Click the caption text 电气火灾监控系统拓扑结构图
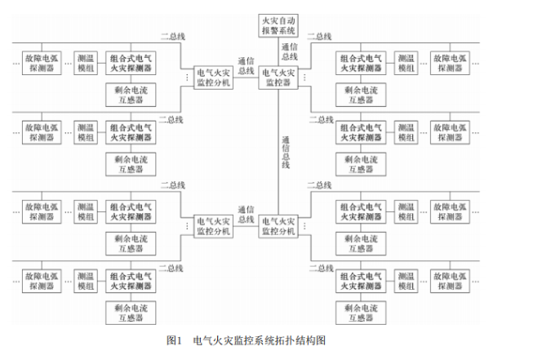tap(260, 340)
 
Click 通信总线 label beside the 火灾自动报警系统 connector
tap(290, 51)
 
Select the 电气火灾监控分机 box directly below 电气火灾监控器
tap(280, 225)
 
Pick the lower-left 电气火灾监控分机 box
tap(213, 225)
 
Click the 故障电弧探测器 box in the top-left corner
tap(42, 63)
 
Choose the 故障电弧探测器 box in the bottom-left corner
tap(42, 280)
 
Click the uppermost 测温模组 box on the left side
tap(86, 63)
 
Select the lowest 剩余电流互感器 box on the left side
tap(131, 312)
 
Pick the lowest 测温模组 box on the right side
tap(407, 280)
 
